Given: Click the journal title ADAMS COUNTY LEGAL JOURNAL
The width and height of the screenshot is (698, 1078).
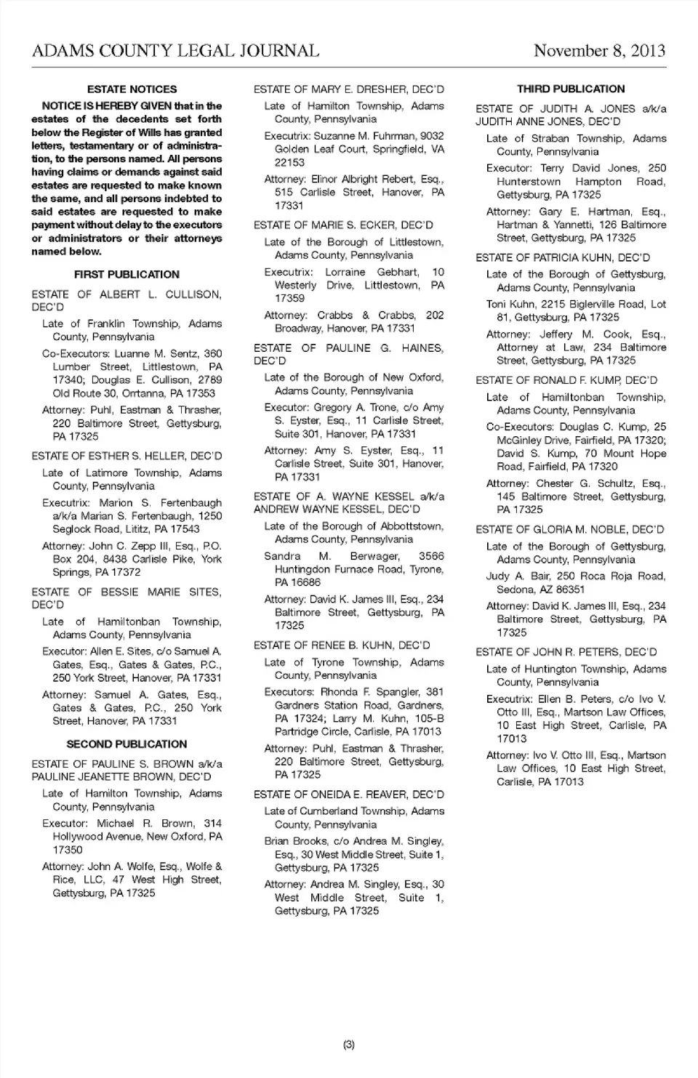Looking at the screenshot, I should tap(175, 51).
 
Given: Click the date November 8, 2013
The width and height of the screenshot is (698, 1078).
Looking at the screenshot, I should tap(599, 51).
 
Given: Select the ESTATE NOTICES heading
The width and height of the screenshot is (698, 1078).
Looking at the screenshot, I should tap(132, 89).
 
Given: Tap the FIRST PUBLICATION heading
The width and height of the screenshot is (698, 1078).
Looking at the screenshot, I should tap(127, 275).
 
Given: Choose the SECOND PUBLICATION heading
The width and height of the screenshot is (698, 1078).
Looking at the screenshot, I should tap(127, 744).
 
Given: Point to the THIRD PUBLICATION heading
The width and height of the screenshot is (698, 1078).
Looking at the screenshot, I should tap(571, 89).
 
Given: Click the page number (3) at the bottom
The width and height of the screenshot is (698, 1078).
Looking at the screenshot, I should tap(348, 1045).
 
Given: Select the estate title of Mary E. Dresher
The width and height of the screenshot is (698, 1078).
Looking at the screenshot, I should tap(348, 89).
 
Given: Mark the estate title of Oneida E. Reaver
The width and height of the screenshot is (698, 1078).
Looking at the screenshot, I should tap(348, 795).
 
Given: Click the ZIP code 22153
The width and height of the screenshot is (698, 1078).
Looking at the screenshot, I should tap(289, 163).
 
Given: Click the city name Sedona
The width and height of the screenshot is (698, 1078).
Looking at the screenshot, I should tap(513, 590).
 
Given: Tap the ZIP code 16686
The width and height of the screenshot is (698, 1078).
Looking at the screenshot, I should tap(289, 583).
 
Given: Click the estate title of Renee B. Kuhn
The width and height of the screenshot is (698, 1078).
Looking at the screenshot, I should tap(342, 645).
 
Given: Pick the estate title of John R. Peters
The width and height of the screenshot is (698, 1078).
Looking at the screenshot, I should tap(566, 652).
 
